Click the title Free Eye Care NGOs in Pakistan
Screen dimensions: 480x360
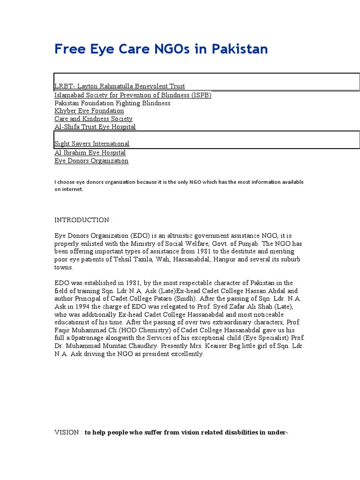[161, 49]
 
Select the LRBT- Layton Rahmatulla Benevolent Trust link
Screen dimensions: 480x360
[120, 86]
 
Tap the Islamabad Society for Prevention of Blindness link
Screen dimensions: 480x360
[133, 95]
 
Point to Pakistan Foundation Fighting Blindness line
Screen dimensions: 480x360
[112, 103]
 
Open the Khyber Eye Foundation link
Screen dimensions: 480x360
[89, 111]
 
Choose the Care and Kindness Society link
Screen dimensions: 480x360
[93, 119]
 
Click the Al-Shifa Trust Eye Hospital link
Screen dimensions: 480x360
[95, 127]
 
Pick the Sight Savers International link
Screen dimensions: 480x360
[92, 144]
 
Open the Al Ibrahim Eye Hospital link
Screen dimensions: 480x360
[90, 153]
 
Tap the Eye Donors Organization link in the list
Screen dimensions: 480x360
[91, 161]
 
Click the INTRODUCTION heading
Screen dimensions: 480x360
[83, 220]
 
